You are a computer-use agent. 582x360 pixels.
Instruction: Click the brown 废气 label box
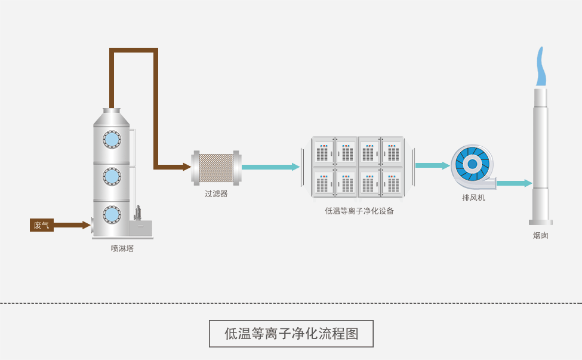tap(41, 225)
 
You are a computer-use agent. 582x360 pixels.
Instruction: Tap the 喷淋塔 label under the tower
tap(122, 248)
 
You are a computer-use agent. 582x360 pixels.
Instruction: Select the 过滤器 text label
tap(216, 193)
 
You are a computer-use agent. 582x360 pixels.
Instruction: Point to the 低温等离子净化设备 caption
tap(359, 211)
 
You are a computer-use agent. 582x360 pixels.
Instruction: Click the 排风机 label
tap(473, 198)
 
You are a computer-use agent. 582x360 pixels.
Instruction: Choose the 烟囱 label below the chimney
tap(541, 235)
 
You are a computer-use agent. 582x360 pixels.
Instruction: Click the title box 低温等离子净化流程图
tap(291, 334)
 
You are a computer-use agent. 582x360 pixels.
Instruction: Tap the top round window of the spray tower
tap(112, 139)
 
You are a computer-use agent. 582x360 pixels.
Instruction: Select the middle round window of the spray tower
tap(112, 176)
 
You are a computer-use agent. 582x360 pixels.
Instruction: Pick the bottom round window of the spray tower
tap(112, 214)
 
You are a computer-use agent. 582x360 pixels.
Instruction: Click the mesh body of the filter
tap(216, 168)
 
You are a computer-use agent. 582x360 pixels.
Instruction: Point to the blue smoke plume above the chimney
tap(541, 67)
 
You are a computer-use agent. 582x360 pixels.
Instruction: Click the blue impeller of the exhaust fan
tap(472, 164)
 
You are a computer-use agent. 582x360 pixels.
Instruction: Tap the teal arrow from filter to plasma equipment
tap(270, 167)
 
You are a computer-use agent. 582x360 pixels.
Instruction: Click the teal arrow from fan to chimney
tap(514, 183)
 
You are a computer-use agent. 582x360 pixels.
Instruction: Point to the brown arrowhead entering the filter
tap(187, 167)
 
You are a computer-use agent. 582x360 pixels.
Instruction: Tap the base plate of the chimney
tap(541, 223)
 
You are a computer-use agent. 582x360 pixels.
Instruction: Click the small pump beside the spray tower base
tap(139, 213)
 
